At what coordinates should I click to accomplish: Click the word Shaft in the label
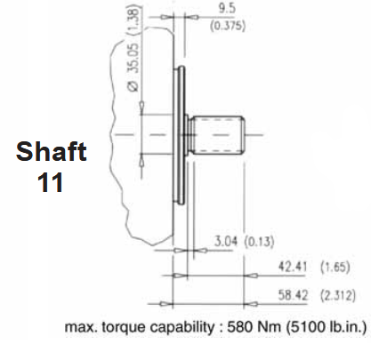pyautogui.click(x=51, y=151)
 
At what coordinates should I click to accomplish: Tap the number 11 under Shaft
pyautogui.click(x=51, y=182)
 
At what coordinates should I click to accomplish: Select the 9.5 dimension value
pyautogui.click(x=227, y=9)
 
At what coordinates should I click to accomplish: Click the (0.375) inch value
pyautogui.click(x=228, y=26)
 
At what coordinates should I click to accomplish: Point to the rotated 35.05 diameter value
pyautogui.click(x=133, y=58)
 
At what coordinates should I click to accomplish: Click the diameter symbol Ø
pyautogui.click(x=133, y=86)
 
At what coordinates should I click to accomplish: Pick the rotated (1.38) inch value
pyautogui.click(x=133, y=20)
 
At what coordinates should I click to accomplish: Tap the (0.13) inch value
pyautogui.click(x=259, y=242)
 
